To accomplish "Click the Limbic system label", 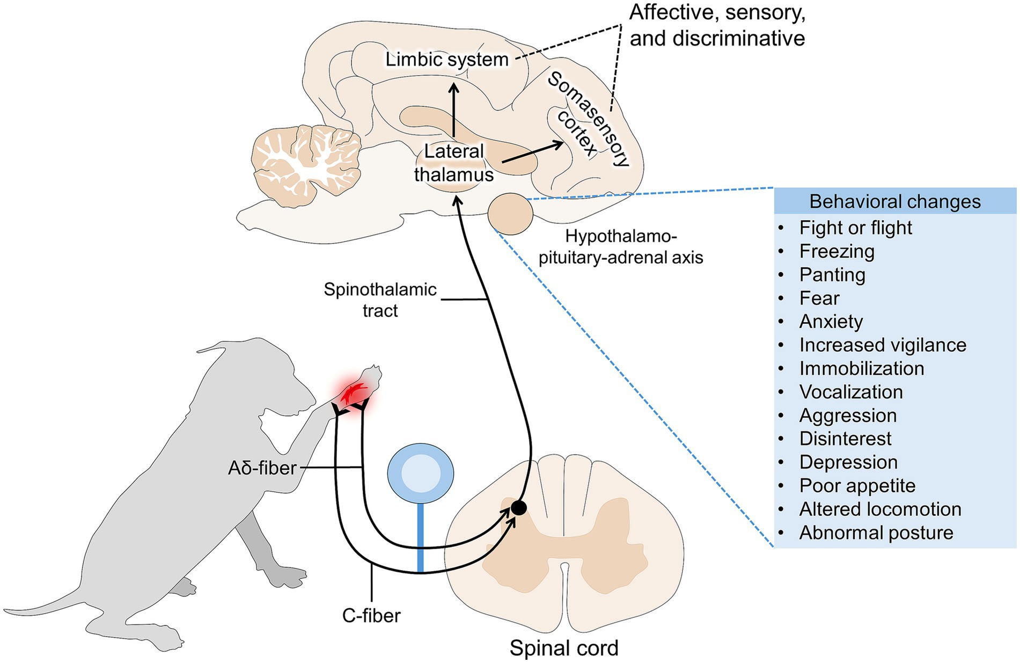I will (446, 59).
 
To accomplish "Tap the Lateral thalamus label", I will (454, 163).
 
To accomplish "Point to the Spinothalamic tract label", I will (380, 300).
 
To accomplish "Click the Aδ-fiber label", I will (262, 468).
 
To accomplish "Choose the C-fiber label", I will (371, 615).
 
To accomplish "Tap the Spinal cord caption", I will (563, 648).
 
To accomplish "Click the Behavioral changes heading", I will (894, 201).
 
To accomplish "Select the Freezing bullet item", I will (836, 251).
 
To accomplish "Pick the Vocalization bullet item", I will (850, 392).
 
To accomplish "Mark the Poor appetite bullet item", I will (857, 485).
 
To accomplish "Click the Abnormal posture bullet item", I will (876, 533).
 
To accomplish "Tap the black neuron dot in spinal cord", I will (518, 507).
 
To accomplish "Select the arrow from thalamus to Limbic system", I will (454, 110).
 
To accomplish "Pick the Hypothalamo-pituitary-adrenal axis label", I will (621, 247).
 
